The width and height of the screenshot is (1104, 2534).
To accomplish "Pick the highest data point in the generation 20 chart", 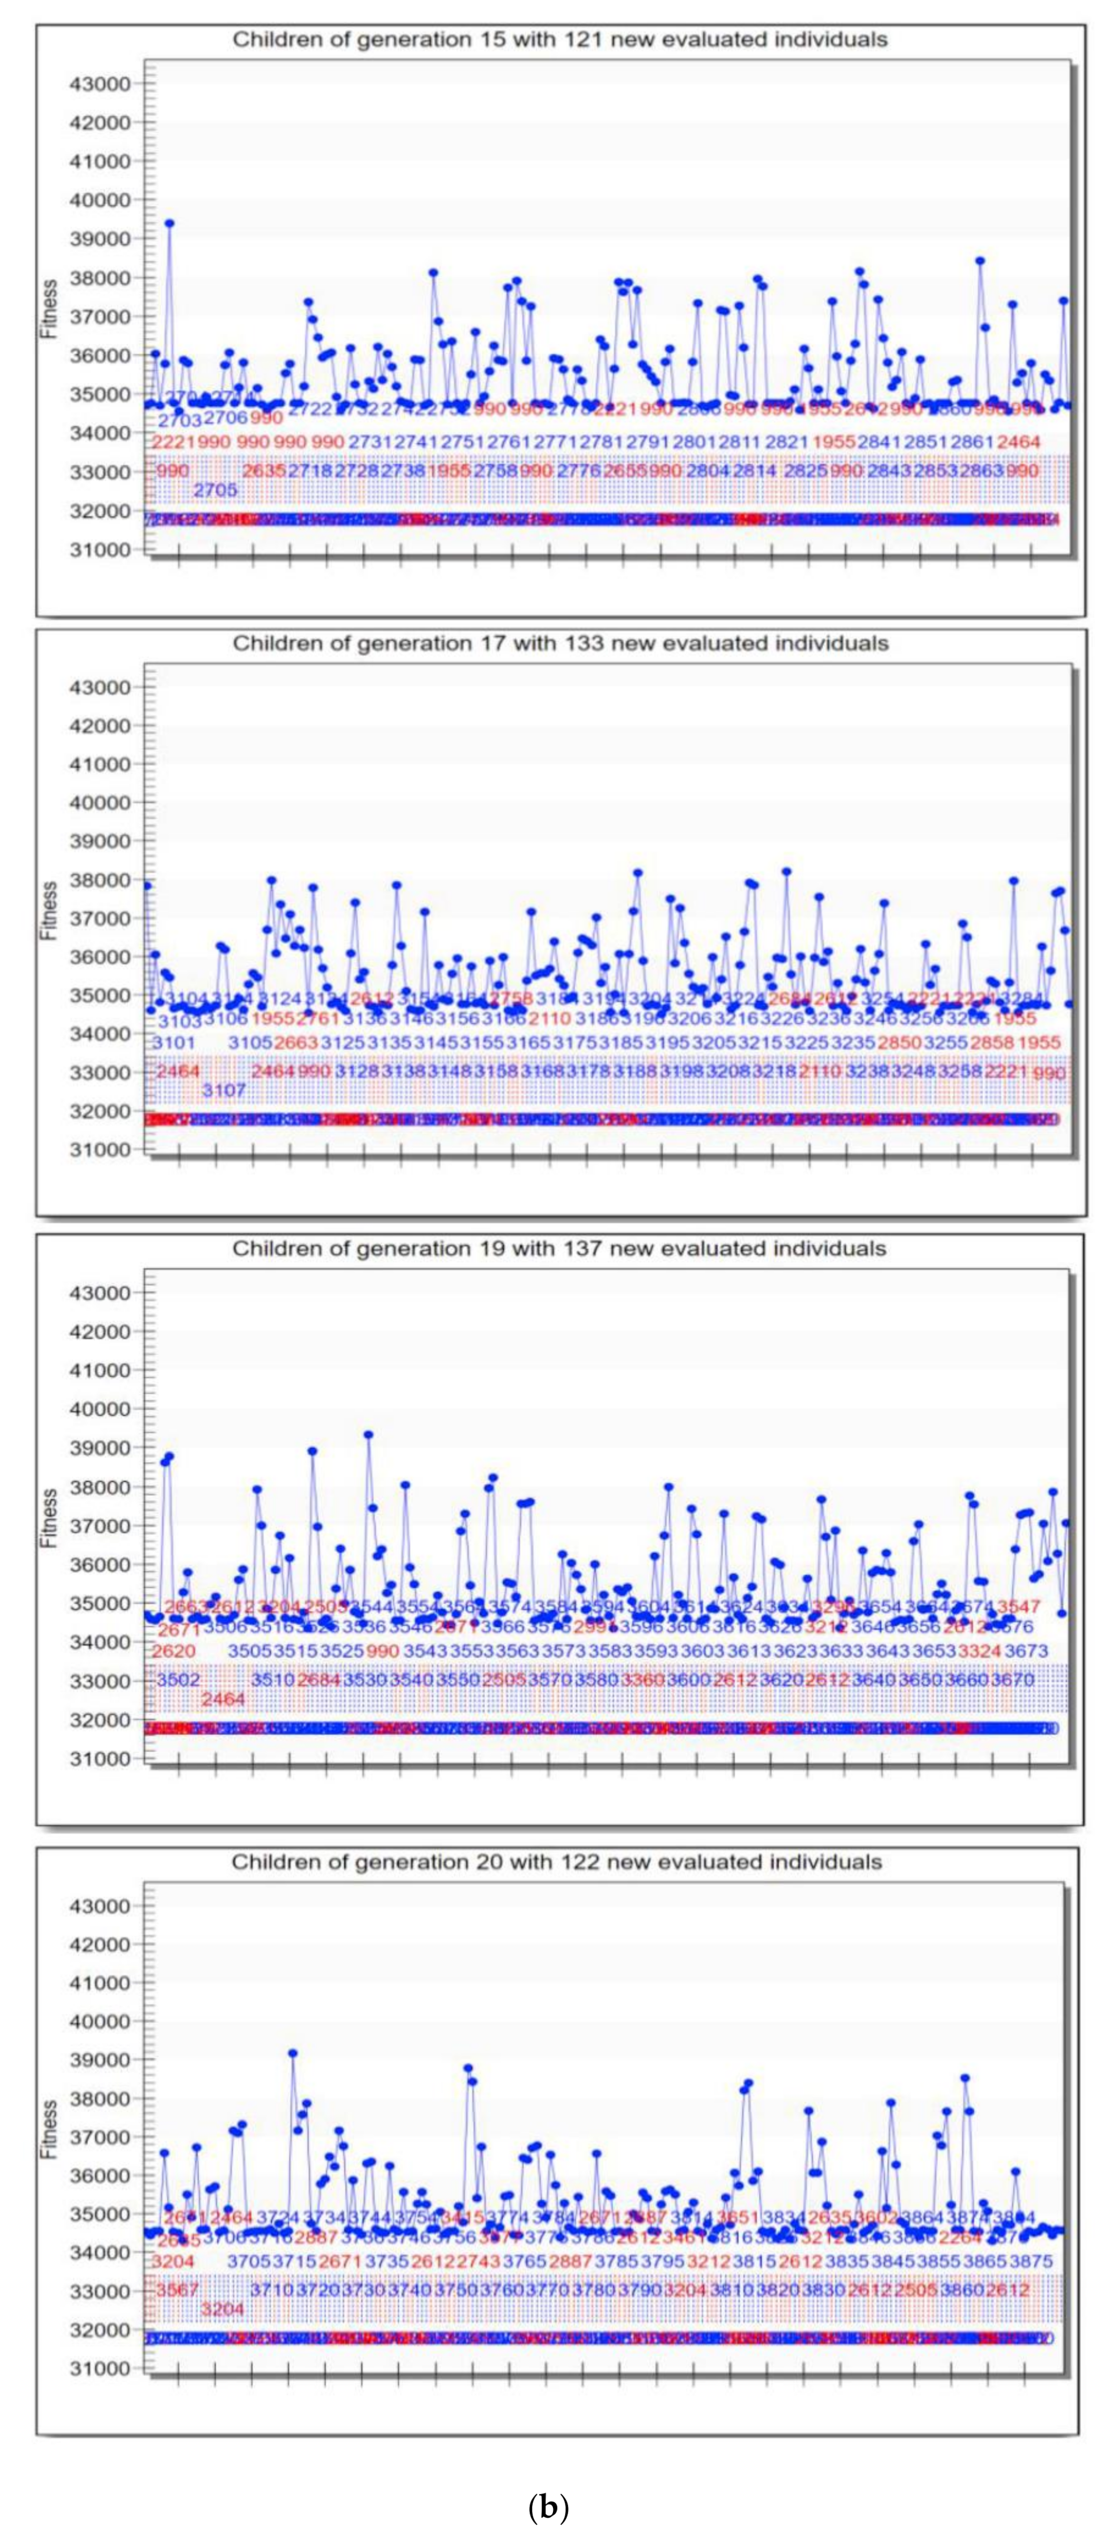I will [x=292, y=2053].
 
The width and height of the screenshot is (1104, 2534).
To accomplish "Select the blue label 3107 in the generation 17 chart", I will [x=223, y=1090].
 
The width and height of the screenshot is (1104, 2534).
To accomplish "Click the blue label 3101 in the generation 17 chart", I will [x=176, y=1041].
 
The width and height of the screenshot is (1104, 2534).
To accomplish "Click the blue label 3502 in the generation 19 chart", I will [x=178, y=1680].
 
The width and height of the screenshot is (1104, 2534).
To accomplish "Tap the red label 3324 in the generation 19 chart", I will [x=979, y=1651].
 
